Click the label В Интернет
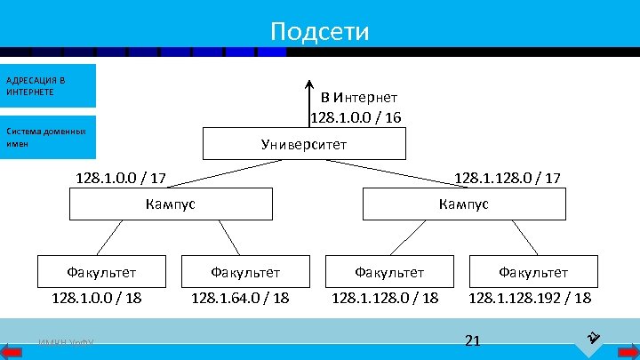359,96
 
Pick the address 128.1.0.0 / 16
356,116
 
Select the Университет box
304,144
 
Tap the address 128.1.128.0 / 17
507,180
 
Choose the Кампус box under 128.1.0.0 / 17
171,204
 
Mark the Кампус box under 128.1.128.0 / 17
463,204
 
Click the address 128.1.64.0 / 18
240,298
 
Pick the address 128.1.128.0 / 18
385,298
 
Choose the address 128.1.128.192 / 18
530,298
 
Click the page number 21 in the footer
472,340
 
